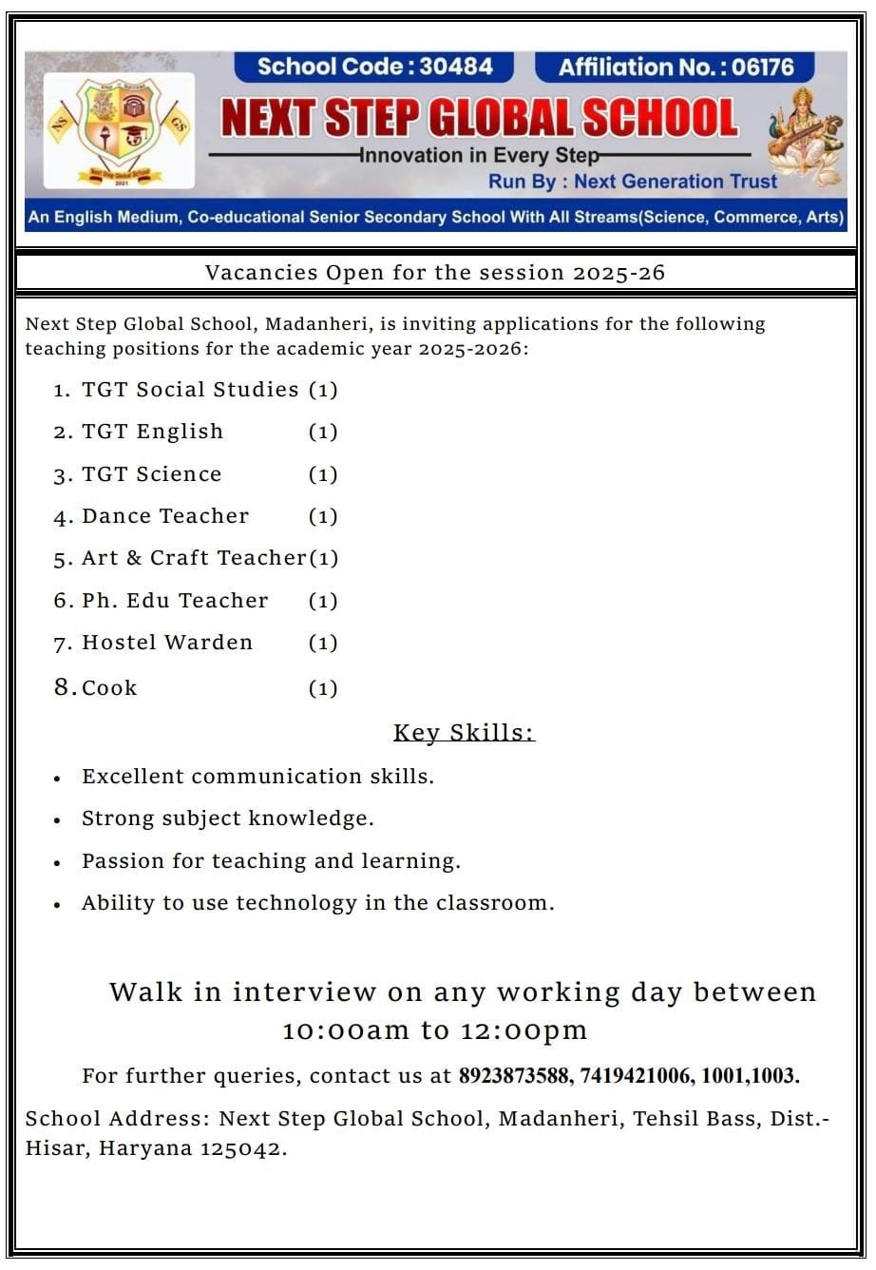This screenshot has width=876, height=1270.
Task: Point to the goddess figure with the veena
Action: point(803,135)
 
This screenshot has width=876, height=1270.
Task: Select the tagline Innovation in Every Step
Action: point(479,155)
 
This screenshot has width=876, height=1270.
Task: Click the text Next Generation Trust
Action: point(676,182)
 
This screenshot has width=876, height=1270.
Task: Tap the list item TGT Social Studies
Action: point(190,390)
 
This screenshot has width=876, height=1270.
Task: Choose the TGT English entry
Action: point(152,432)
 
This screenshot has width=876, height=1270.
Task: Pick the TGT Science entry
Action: point(151,474)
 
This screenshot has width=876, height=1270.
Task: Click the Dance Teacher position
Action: point(165,516)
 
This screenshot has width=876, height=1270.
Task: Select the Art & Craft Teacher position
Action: point(194,558)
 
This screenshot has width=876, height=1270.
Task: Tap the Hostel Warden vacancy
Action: point(167,643)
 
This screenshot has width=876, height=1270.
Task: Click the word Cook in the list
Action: point(109,688)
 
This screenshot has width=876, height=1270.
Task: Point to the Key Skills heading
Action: point(464,733)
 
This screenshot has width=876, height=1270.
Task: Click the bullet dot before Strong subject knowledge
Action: point(58,820)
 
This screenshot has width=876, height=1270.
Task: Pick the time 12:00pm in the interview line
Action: point(524,1030)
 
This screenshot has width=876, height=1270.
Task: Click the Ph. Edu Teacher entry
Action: point(175,601)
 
